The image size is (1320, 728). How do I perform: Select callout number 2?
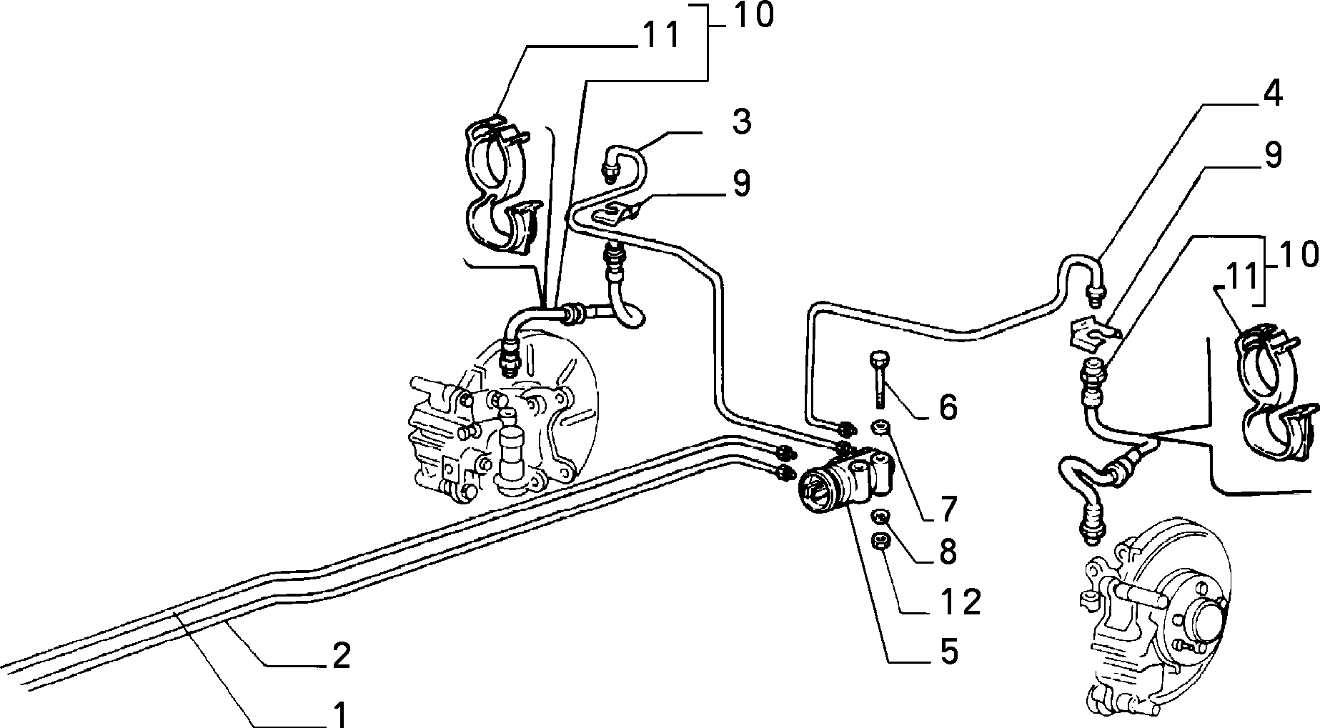click(x=342, y=655)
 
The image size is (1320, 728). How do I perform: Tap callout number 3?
click(x=742, y=121)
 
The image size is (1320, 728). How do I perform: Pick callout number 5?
click(x=948, y=651)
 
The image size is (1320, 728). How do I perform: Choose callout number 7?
click(x=948, y=509)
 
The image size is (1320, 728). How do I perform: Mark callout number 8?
click(x=948, y=552)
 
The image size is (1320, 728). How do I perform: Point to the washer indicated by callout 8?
click(x=881, y=517)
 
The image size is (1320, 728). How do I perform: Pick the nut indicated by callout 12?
click(x=880, y=542)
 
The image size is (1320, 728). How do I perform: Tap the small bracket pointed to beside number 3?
click(x=617, y=211)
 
